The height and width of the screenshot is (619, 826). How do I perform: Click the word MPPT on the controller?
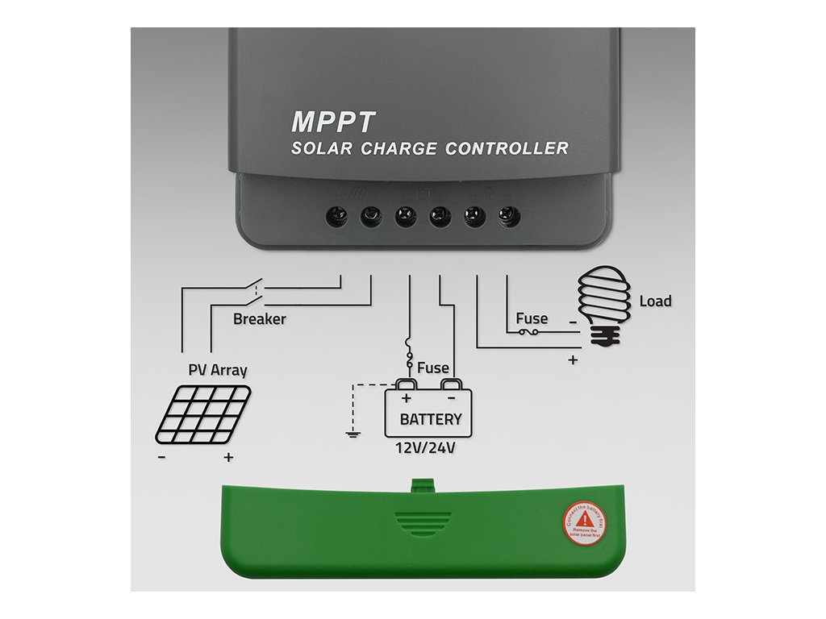click(x=333, y=122)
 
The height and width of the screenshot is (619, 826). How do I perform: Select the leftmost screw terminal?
click(x=336, y=216)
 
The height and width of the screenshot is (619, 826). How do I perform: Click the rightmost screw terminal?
click(x=508, y=216)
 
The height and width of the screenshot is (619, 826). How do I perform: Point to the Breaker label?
click(x=259, y=319)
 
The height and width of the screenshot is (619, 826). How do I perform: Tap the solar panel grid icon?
click(x=202, y=413)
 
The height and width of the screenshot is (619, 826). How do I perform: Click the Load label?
click(x=655, y=301)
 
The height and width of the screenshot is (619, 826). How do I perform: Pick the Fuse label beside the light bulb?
click(x=532, y=318)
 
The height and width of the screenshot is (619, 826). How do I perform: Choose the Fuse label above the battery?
click(x=433, y=368)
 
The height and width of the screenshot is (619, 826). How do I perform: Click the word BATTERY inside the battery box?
click(x=431, y=419)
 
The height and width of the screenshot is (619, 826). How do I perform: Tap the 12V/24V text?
click(x=424, y=448)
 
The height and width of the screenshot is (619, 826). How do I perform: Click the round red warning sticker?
click(x=583, y=521)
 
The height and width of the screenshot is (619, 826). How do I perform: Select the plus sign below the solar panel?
click(x=229, y=458)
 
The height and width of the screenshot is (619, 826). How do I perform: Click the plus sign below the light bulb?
click(x=573, y=360)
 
